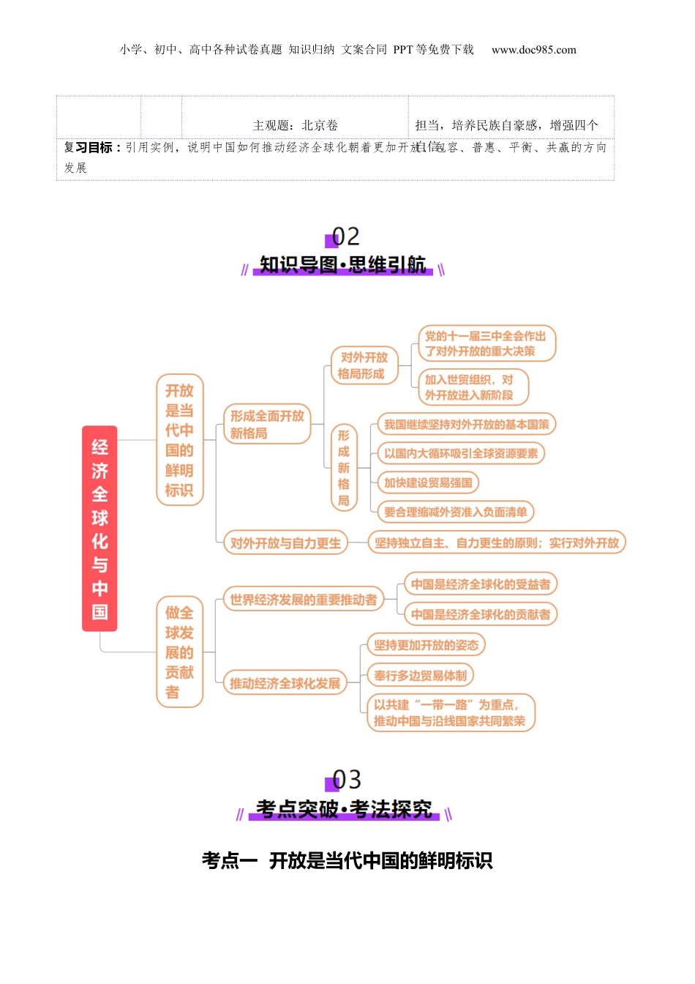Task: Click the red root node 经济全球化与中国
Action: pyautogui.click(x=99, y=528)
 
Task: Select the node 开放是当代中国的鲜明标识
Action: pyautogui.click(x=179, y=439)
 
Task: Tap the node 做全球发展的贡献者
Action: pyautogui.click(x=179, y=652)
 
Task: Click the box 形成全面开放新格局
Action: pyautogui.click(x=267, y=424)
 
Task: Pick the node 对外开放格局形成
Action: pyautogui.click(x=364, y=365)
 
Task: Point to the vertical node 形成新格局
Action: pyautogui.click(x=344, y=467)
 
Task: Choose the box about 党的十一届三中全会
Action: pyautogui.click(x=486, y=343)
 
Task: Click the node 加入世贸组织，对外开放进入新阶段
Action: pyautogui.click(x=473, y=387)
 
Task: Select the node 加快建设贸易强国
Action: pyautogui.click(x=428, y=482)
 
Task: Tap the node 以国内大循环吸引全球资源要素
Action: pyautogui.click(x=461, y=453)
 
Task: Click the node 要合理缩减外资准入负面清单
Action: pyautogui.click(x=455, y=512)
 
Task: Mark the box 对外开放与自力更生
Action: pyautogui.click(x=285, y=543)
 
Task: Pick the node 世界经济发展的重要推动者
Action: pyautogui.click(x=303, y=600)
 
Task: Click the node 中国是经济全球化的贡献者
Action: pyautogui.click(x=480, y=614)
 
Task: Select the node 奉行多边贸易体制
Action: pyautogui.click(x=421, y=675)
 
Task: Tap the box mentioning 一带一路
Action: pyautogui.click(x=450, y=713)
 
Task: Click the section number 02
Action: pyautogui.click(x=345, y=236)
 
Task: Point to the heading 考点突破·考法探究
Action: pyautogui.click(x=344, y=809)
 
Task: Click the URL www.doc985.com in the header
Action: pyautogui.click(x=533, y=50)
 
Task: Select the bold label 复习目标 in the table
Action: pyautogui.click(x=92, y=147)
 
